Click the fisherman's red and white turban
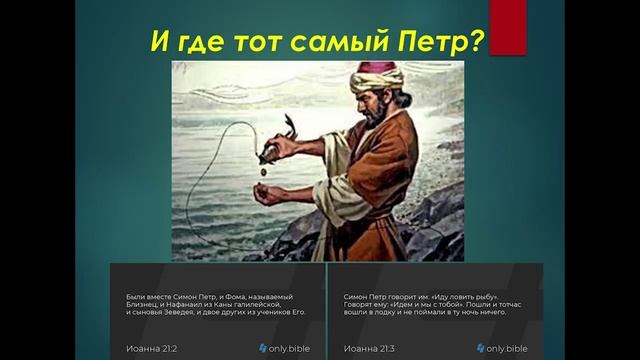377,76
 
